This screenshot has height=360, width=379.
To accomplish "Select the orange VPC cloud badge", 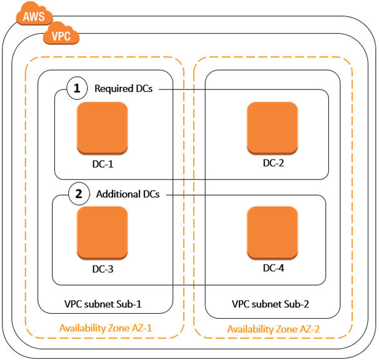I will click(x=61, y=36).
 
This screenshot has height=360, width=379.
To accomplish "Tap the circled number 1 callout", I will click(x=77, y=89).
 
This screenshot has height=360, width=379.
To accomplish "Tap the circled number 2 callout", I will click(x=78, y=194).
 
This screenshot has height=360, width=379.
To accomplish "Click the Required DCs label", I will click(x=123, y=89).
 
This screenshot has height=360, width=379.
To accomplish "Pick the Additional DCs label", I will click(x=128, y=194).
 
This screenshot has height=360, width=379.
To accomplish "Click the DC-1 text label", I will click(x=102, y=165).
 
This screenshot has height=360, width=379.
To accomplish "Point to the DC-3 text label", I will click(x=102, y=269).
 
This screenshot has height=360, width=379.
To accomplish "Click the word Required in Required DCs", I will click(x=114, y=89).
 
